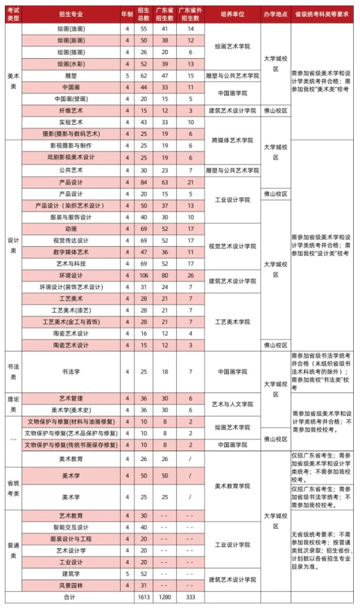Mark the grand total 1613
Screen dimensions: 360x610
pos(143,596)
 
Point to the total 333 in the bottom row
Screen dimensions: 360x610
pos(190,596)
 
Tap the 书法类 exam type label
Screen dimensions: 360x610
pos(13,372)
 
